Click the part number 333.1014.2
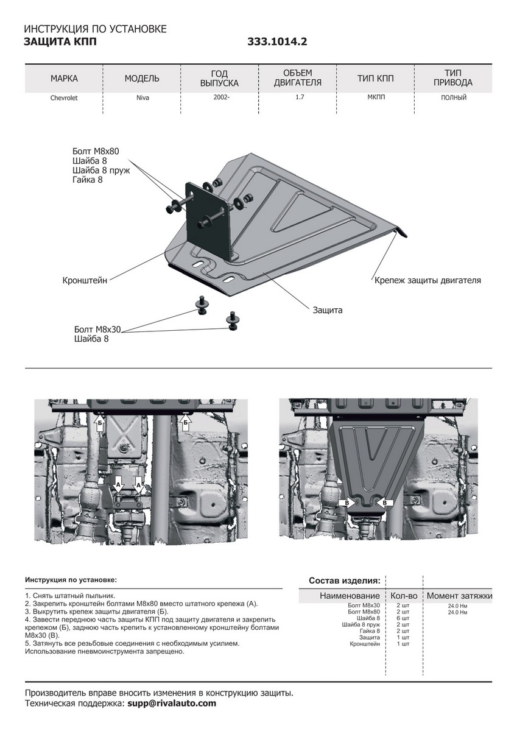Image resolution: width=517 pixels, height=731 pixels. [277, 42]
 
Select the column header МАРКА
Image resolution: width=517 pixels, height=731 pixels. [64, 79]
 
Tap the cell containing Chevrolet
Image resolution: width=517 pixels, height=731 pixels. [64, 97]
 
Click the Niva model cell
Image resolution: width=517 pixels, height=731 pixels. [142, 97]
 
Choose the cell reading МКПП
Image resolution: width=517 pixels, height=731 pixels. [376, 97]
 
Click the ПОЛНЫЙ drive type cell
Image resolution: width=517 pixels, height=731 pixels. [454, 97]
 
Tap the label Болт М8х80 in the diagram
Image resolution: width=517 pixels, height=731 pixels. [97, 150]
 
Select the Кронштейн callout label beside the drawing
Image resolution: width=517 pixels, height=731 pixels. [85, 281]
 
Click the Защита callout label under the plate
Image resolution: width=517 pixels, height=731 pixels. [328, 310]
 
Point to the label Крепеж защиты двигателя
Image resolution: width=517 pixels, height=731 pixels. [427, 280]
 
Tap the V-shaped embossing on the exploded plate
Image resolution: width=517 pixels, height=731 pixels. [292, 210]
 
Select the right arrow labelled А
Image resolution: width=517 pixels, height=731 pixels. [139, 485]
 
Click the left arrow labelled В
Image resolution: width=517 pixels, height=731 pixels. [348, 503]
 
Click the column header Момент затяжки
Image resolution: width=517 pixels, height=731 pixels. [459, 595]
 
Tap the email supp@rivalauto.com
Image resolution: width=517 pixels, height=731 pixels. [171, 703]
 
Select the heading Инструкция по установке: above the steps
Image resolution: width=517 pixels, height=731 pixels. [71, 579]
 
